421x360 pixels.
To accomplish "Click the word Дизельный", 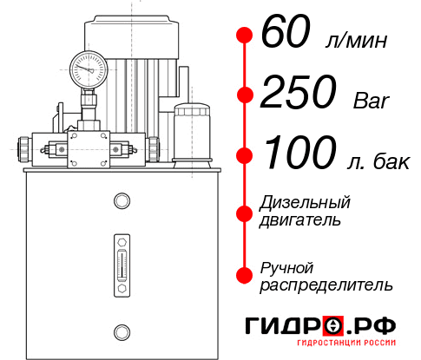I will coord(306,203).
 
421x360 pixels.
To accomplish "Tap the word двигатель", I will coord(300,220).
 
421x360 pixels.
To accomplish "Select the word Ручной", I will coord(286,266).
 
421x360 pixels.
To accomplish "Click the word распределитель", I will coord(326,285).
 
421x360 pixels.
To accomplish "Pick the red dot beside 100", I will coord(245,154).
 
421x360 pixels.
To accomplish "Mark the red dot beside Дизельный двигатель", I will coord(245,212).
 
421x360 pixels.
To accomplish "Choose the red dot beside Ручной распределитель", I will coord(245,275).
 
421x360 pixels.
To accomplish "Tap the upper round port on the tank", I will coord(121,201).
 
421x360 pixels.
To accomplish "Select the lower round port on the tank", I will coord(121,330).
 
